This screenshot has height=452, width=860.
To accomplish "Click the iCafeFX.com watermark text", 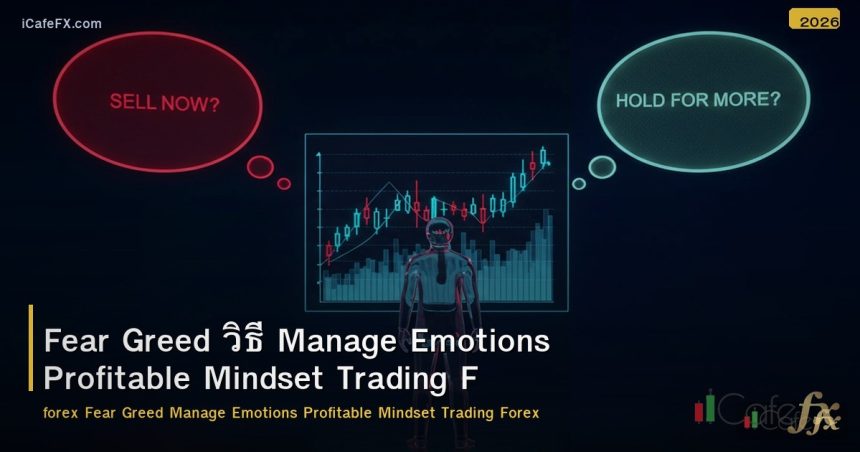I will (61, 23).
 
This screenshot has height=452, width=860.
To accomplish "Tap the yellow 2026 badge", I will (814, 20).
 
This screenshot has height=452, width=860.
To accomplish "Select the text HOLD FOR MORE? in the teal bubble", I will (698, 100).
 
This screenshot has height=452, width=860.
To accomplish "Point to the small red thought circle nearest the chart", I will (284, 183).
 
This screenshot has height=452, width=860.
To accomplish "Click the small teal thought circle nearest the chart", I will (578, 183).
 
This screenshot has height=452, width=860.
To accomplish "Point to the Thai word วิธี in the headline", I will (241, 340).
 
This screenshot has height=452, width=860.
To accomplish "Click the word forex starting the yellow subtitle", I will (61, 412).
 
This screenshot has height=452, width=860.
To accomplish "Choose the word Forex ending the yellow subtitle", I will (518, 412).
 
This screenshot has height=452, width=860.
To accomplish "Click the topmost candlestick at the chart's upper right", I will (543, 156).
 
